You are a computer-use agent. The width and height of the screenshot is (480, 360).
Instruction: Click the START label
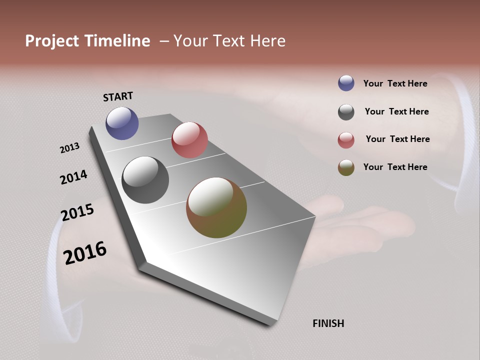pos(118,96)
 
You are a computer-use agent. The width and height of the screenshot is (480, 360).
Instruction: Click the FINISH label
pos(328,323)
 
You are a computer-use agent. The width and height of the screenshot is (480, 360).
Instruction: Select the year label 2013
pos(69,147)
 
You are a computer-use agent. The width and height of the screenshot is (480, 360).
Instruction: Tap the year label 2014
pos(73,177)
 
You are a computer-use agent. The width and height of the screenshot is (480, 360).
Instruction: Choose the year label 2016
pos(85,253)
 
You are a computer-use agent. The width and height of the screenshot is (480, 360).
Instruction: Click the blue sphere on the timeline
pos(122,123)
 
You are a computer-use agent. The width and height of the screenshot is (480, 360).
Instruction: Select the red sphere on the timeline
pos(189,140)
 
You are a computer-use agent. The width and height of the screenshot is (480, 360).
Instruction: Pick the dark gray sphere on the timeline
pos(145,180)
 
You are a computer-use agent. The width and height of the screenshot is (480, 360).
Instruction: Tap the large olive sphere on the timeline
pos(216,207)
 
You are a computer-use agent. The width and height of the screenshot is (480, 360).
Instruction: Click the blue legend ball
pos(346,83)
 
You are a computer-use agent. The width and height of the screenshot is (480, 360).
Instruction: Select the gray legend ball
pos(346,112)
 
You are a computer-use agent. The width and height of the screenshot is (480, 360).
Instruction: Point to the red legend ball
pos(346,140)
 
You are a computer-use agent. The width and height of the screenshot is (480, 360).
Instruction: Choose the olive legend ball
pos(346,167)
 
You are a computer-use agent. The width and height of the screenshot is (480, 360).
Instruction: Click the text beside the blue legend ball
pos(395,83)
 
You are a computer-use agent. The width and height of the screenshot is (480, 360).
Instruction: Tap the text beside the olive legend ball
pos(395,167)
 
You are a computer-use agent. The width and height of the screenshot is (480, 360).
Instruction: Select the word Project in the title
pos(51,41)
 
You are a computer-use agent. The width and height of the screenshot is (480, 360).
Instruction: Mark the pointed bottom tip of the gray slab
pos(272,325)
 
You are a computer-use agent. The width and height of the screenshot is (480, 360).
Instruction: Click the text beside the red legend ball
pos(397,139)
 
